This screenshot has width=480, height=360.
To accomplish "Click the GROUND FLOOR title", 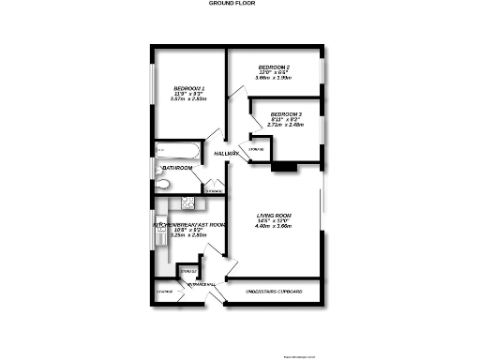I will (x=231, y=4).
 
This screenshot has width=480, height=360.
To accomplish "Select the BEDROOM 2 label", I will (x=274, y=67).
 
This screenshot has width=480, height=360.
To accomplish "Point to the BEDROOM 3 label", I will (x=286, y=113).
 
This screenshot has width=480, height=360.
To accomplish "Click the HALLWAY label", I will (x=228, y=153).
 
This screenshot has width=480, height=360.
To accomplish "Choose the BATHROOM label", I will (x=176, y=168).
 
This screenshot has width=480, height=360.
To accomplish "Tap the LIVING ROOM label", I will (x=275, y=217).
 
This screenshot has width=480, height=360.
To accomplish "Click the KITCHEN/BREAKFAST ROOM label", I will (x=190, y=225).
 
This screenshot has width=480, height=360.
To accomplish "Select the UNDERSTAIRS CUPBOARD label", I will (x=274, y=292).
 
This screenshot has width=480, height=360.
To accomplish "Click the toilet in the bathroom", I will (x=161, y=186).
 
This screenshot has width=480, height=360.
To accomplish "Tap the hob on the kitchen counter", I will (x=187, y=202).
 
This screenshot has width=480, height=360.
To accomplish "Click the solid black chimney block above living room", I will (x=282, y=168).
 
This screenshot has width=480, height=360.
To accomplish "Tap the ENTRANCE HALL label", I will (x=202, y=284).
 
